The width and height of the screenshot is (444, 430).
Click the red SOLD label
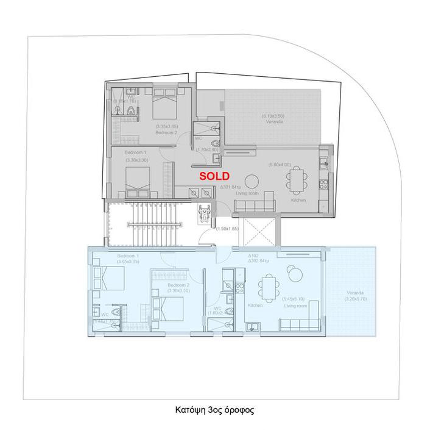215,176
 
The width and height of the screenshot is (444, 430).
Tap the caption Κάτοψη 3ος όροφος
213,410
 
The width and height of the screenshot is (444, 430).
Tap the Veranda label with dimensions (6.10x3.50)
273,118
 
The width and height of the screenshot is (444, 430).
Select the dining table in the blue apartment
269,287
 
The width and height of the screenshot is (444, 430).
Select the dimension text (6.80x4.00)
280,164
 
